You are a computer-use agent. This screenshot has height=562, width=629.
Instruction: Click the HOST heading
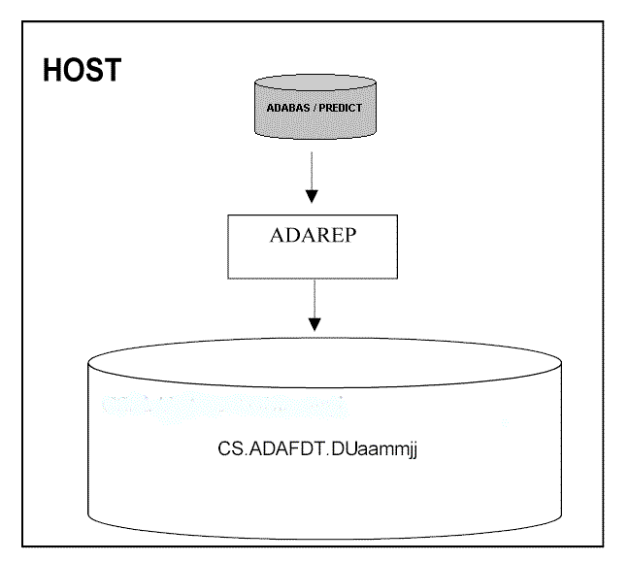(x=82, y=71)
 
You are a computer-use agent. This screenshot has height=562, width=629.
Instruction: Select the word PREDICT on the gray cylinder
(x=340, y=108)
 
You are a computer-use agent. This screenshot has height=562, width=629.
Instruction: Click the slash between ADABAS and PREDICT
(x=313, y=108)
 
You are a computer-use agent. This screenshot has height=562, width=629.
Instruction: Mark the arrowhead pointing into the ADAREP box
(x=312, y=195)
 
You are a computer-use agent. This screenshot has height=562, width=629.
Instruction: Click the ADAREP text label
(x=312, y=236)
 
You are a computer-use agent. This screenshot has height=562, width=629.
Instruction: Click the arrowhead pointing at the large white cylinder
(x=312, y=322)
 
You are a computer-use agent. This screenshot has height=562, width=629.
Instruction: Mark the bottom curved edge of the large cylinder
(x=324, y=536)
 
